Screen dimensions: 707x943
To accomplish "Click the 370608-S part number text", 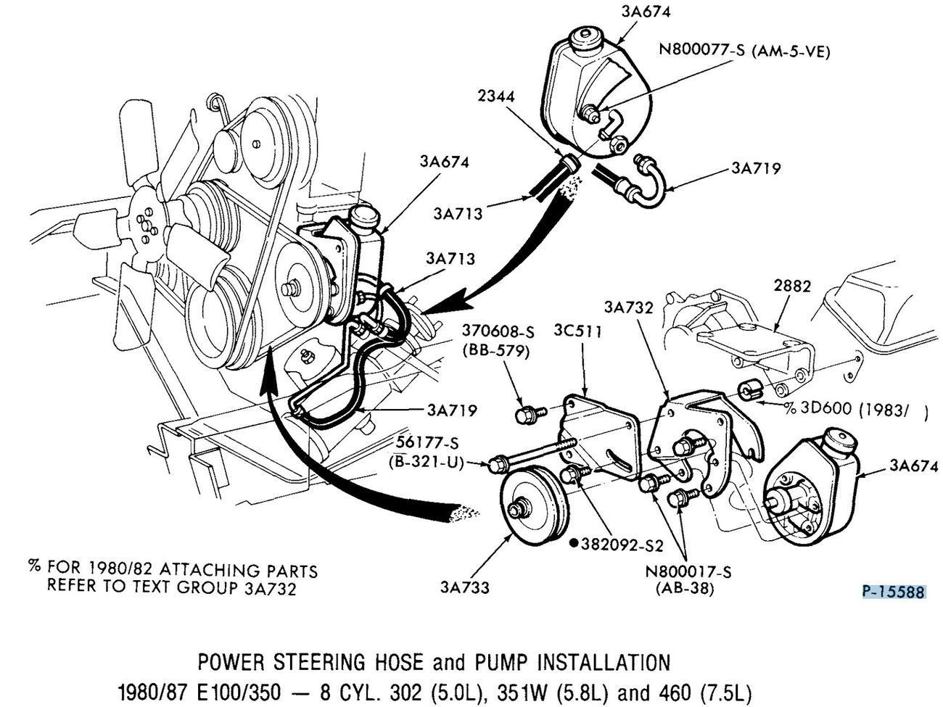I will [499, 332].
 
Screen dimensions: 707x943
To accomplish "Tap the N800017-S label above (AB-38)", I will [688, 572].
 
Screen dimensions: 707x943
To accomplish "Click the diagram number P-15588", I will [894, 592].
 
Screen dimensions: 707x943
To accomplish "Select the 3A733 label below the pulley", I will [464, 587].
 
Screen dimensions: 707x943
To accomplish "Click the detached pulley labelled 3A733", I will [532, 508].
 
